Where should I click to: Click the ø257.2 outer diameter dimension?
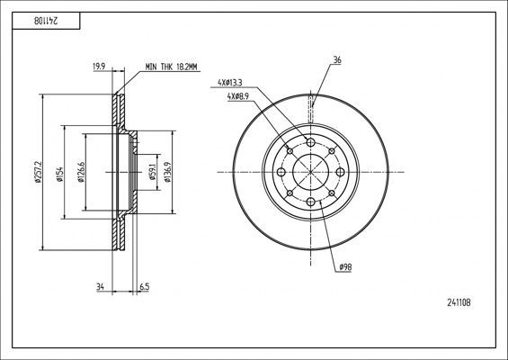pos(39,172)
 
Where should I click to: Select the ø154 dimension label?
pos(59,175)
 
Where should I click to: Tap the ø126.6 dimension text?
pos(81,172)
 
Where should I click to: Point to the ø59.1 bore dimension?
pos(152,172)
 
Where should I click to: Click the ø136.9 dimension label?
pos(167,172)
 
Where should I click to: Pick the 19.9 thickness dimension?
pos(99,67)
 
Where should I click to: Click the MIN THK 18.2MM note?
pos(171,67)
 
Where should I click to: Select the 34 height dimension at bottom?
pos(100,287)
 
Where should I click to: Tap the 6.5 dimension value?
pos(144,287)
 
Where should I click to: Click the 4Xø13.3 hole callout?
pos(229,83)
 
